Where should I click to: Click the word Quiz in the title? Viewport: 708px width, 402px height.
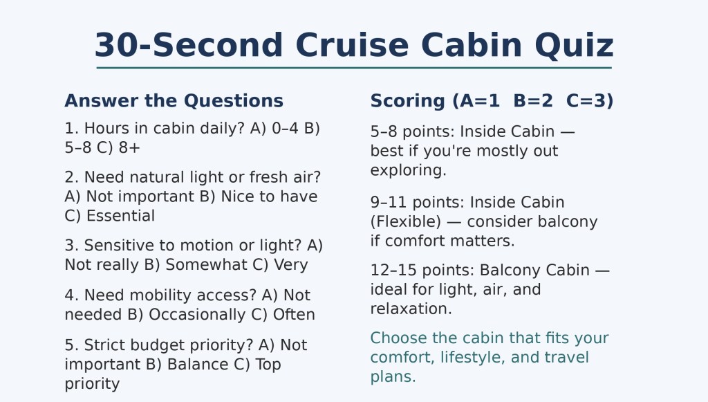(574, 46)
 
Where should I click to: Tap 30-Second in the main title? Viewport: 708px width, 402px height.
(189, 45)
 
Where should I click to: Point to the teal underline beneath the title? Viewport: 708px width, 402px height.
(354, 68)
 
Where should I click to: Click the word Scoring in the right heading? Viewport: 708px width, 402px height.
(408, 101)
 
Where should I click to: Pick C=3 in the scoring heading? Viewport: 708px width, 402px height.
(590, 101)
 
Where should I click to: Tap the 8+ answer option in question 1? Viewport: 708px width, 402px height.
(129, 147)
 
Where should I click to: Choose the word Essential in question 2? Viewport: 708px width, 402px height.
(120, 216)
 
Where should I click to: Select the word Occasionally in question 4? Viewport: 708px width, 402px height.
(197, 314)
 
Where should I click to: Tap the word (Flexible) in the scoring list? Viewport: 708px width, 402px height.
(405, 222)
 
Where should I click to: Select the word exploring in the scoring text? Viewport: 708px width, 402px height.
(408, 171)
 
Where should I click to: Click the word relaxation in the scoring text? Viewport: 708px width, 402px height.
(411, 309)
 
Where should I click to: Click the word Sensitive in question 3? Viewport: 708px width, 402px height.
(120, 245)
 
